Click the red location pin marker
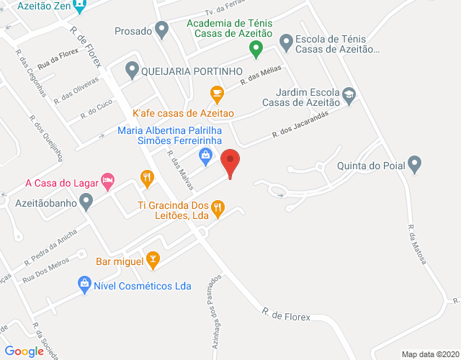[230, 163]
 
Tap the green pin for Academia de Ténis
[255, 49]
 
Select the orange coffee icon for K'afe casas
[216, 93]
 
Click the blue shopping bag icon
[206, 153]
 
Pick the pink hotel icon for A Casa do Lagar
[108, 181]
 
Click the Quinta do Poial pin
[414, 164]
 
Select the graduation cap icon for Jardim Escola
[349, 94]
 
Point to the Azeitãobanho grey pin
[86, 204]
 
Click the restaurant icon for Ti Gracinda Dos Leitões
[219, 209]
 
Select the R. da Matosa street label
[416, 245]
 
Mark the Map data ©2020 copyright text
[429, 354]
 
